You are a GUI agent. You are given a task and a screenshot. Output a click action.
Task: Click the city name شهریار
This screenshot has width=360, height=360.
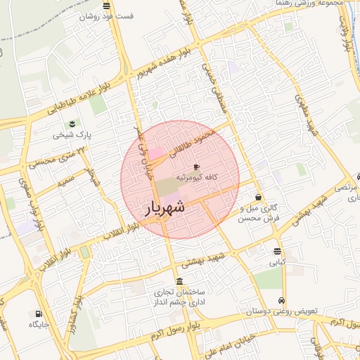[x=166, y=208]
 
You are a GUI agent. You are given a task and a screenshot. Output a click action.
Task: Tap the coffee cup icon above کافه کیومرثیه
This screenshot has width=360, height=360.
[x=196, y=167]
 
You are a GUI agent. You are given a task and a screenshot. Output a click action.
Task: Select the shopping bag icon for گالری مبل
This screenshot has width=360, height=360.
[x=260, y=198]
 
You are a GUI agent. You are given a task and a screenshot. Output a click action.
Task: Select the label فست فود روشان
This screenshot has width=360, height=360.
[x=106, y=15]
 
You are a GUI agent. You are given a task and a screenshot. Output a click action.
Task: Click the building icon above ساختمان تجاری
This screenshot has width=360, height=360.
[x=179, y=281]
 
